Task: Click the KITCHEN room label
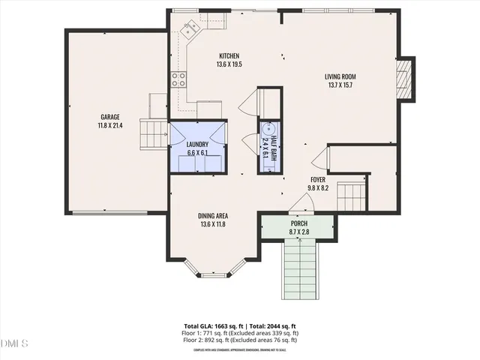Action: coord(229,56)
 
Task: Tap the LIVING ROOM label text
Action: coord(339,76)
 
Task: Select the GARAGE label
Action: coord(109,116)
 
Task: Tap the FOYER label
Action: coord(319,180)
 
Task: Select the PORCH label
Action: coord(298,223)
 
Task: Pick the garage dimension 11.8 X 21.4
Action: coord(109,125)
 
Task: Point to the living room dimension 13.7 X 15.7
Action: coord(339,85)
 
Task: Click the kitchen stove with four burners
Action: coord(178,79)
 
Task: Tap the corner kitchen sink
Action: coord(190,28)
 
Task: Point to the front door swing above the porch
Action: coord(300,202)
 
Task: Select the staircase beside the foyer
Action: coord(350,197)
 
